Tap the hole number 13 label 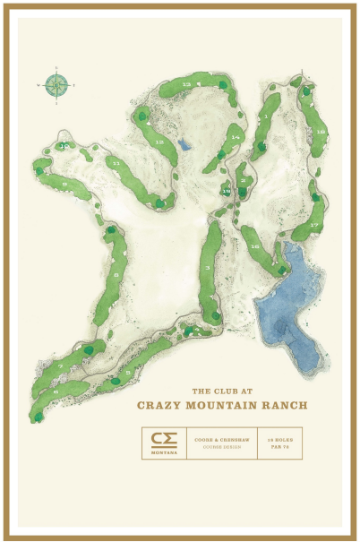186,83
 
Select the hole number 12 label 159,142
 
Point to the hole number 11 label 116,164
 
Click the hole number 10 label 63,145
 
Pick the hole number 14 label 236,137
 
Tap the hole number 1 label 266,116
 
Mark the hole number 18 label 320,131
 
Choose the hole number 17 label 313,224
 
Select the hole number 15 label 227,192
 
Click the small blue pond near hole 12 184,143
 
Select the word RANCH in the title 286,405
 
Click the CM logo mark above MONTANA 163,438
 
